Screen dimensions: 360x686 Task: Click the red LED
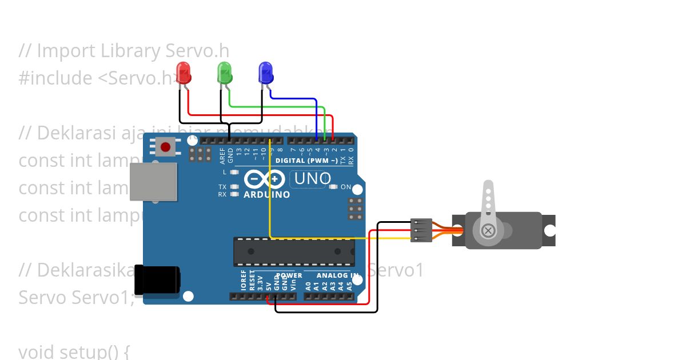click(x=184, y=73)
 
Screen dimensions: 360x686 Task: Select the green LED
click(x=225, y=73)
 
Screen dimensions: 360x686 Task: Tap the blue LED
click(x=266, y=73)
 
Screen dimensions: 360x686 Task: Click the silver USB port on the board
click(x=153, y=182)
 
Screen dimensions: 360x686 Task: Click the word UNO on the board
click(x=312, y=179)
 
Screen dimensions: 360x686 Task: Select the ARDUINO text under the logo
click(x=266, y=194)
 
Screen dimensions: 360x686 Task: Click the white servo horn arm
click(x=488, y=206)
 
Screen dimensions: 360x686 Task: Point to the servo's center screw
click(x=488, y=231)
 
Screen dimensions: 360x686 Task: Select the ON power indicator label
click(x=346, y=187)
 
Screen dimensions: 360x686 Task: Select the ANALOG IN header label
click(x=335, y=275)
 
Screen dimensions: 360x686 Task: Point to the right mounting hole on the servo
click(x=549, y=231)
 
